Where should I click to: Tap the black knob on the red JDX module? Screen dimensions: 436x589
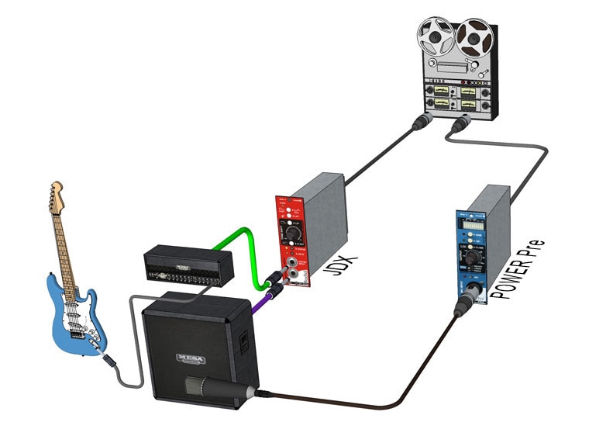pos(292,232)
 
